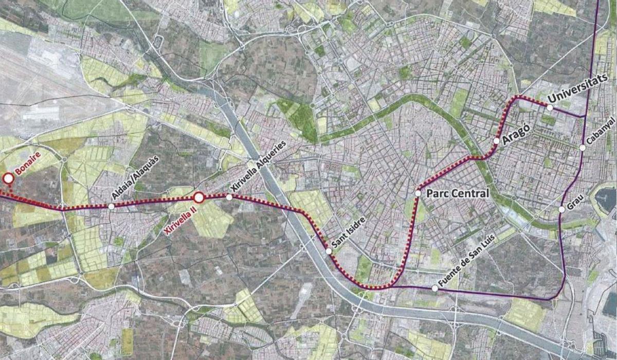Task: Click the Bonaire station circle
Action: coord(8,178)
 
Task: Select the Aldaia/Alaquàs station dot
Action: coord(112,207)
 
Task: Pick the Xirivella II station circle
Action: coord(199,197)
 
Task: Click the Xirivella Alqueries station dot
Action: coord(229,197)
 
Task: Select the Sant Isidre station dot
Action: coord(329,251)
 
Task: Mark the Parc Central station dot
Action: coord(418,193)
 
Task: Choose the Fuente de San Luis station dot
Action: coord(435,289)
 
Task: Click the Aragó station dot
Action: coord(496,140)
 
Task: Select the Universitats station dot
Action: coord(550,108)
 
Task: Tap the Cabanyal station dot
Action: coord(583,148)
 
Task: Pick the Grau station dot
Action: coord(561,209)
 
